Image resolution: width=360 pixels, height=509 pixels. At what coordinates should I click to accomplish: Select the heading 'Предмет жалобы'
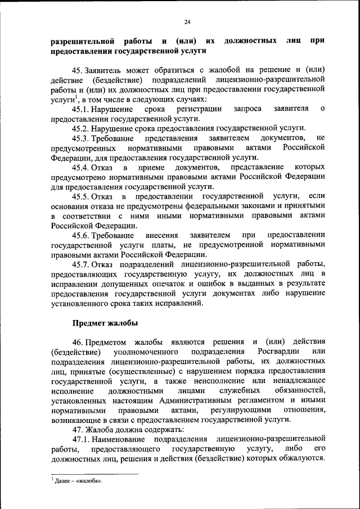[x=105, y=323]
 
